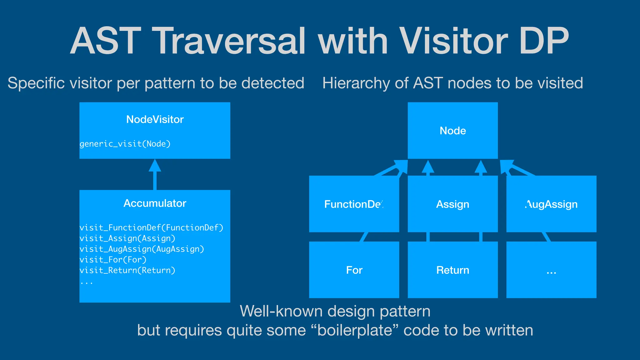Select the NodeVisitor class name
[155, 119]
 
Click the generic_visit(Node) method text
[125, 144]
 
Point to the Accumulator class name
[155, 203]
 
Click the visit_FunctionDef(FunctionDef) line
[151, 227]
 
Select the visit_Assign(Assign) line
[127, 238]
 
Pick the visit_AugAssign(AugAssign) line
[142, 249]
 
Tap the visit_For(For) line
[113, 260]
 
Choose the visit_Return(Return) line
[127, 270]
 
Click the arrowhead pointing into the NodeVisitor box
[155, 166]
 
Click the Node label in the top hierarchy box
[452, 131]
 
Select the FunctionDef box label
[354, 204]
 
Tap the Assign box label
[452, 204]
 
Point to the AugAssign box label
[551, 204]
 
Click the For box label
[354, 270]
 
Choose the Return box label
[452, 270]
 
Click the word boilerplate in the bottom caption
[354, 330]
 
